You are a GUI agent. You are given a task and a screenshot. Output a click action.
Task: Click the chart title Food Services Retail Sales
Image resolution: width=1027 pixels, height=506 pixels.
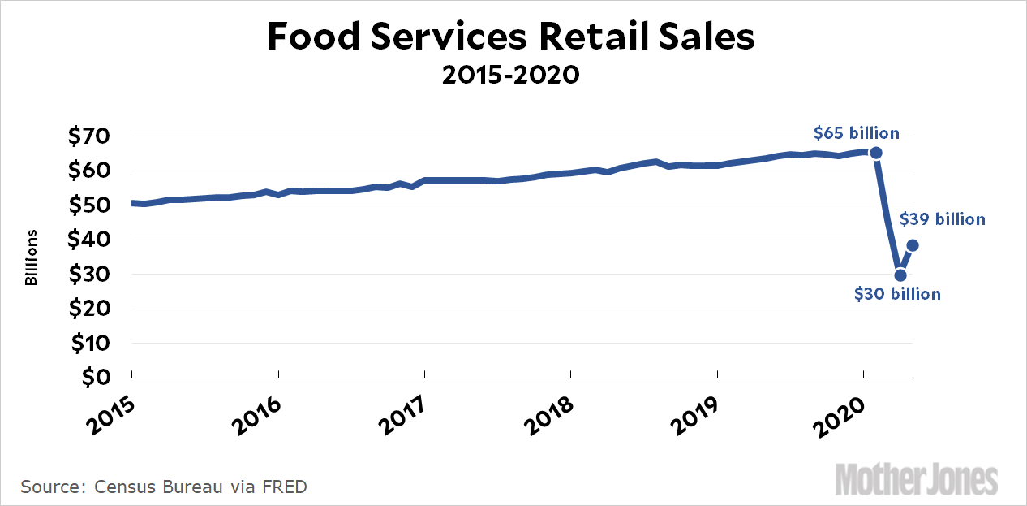tap(511, 38)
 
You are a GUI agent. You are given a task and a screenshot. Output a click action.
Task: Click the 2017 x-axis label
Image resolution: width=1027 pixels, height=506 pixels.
tap(403, 413)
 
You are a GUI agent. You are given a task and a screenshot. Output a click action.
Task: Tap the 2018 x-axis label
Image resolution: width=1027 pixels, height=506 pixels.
tap(549, 413)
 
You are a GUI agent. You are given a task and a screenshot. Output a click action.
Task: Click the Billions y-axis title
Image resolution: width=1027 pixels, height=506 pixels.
tap(32, 257)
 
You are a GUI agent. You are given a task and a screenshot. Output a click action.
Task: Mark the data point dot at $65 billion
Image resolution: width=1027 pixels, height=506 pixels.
tap(876, 153)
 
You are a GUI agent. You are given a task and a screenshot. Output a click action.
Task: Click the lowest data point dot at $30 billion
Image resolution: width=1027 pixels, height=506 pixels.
tap(900, 275)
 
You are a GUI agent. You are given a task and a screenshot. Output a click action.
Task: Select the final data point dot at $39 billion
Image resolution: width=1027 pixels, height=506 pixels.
tap(913, 245)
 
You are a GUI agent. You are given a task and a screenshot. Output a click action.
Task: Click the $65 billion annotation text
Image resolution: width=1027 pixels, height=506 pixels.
tap(857, 133)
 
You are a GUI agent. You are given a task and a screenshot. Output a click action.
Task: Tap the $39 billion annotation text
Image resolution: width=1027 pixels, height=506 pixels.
tap(942, 219)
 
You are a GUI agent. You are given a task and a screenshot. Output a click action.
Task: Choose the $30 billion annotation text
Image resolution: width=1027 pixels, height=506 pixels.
tap(897, 294)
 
